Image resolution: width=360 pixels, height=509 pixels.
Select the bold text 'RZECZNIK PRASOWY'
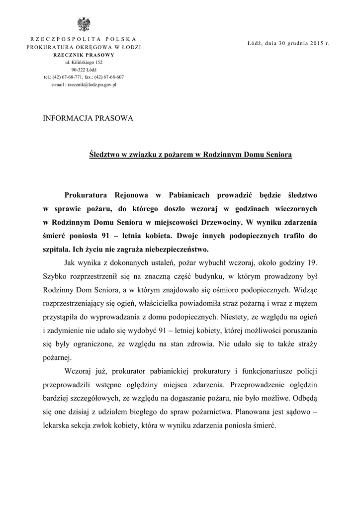point(84,55)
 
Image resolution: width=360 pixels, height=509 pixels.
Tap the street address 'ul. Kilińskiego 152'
point(84,63)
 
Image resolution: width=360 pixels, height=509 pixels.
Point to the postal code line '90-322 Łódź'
point(84,70)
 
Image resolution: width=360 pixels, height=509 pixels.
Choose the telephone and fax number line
point(84,78)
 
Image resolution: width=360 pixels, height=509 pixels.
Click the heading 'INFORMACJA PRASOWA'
point(89,118)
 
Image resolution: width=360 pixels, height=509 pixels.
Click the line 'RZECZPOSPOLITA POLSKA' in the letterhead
point(84,39)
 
